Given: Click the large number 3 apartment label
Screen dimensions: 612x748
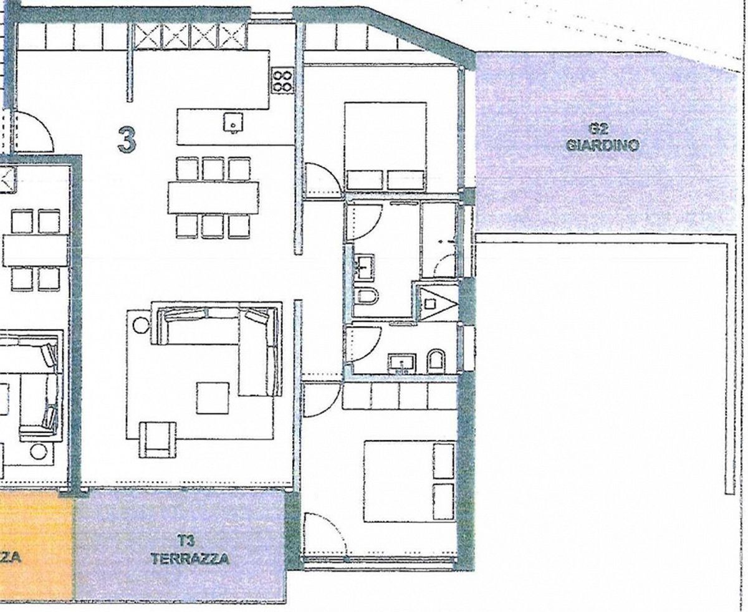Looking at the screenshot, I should pyautogui.click(x=127, y=139).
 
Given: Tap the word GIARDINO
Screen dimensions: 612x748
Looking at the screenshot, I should pyautogui.click(x=603, y=146).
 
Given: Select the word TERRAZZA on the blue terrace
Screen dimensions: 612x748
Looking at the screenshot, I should pyautogui.click(x=190, y=558).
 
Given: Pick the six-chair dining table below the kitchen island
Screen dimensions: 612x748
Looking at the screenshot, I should pyautogui.click(x=213, y=197).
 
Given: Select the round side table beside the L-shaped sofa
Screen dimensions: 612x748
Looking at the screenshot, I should pyautogui.click(x=140, y=325).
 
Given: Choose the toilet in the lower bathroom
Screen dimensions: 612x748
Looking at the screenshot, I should pyautogui.click(x=436, y=361).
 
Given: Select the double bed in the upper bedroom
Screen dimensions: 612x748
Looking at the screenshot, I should pyautogui.click(x=386, y=146).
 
